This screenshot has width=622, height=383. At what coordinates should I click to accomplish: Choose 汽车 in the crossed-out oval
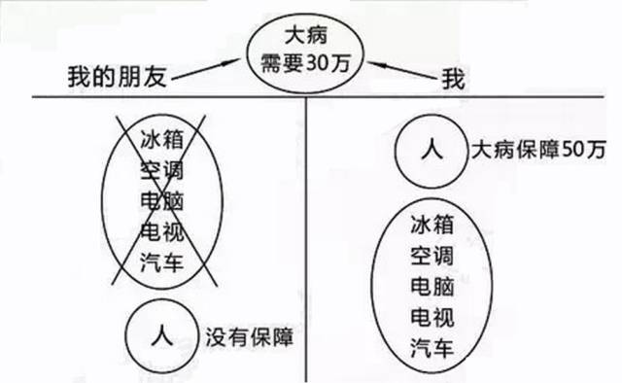pos(161,263)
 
